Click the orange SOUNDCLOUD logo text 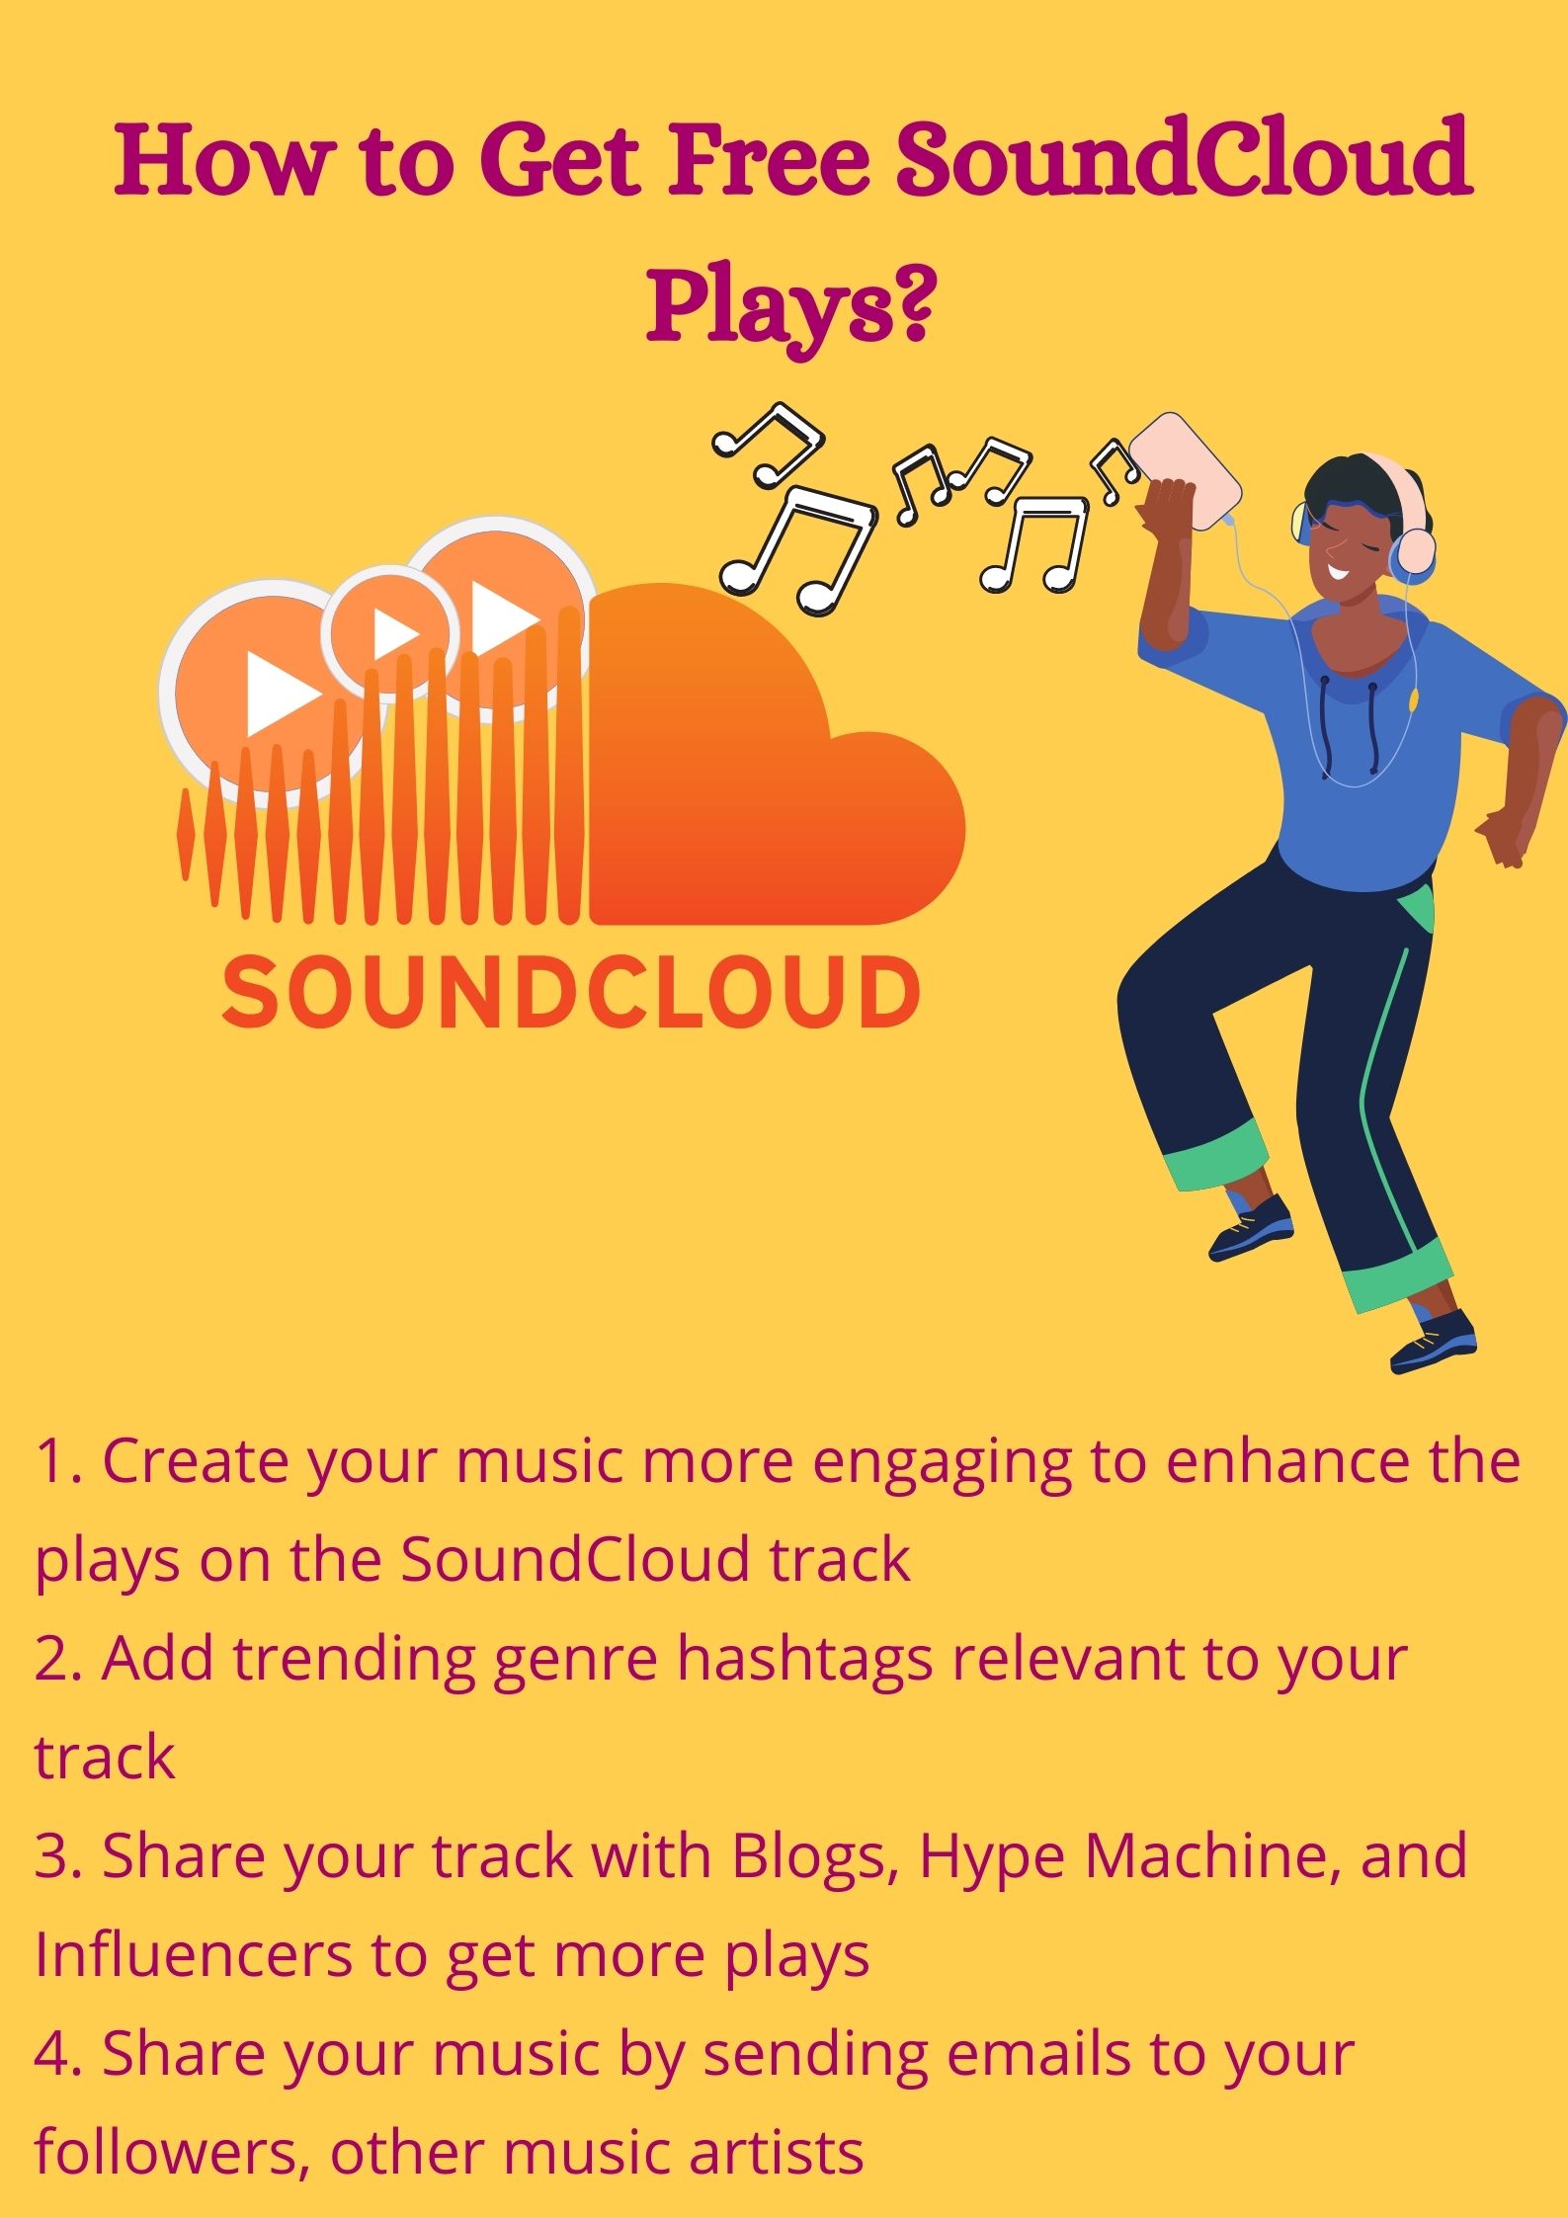[x=571, y=991]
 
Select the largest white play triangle [x=281, y=694]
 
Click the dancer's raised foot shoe [x=1251, y=1228]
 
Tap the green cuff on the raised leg [x=1216, y=1157]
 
